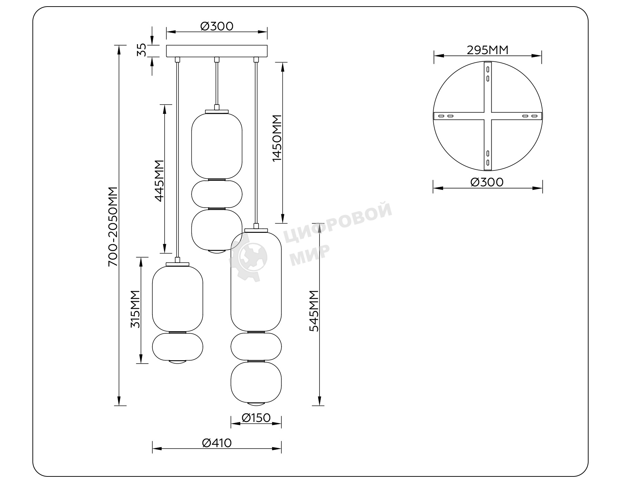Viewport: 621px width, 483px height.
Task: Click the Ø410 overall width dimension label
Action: [217, 443]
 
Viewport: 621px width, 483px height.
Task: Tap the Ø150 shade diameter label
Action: [256, 418]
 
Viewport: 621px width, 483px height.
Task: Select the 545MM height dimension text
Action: [314, 311]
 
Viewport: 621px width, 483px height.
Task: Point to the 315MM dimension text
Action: [135, 309]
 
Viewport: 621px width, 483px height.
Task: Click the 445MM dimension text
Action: [159, 181]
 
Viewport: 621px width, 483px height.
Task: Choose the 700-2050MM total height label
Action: [113, 227]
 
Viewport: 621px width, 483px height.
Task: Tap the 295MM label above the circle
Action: [487, 50]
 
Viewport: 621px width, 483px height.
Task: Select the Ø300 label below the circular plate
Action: [487, 182]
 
